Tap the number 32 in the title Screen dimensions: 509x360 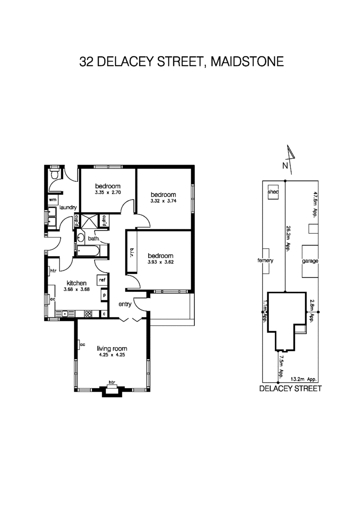click(87, 62)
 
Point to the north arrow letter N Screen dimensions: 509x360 click(284, 165)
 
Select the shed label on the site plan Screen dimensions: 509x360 click(274, 192)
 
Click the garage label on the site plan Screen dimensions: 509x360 click(310, 261)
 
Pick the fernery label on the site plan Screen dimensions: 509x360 click(265, 261)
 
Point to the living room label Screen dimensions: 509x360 click(112, 348)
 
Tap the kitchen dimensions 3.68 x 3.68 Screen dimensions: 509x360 click(76, 290)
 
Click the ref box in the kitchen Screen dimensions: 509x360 click(102, 280)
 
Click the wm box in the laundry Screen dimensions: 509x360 click(52, 199)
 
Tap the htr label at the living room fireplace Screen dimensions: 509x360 click(111, 383)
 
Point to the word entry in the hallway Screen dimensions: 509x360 click(125, 304)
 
